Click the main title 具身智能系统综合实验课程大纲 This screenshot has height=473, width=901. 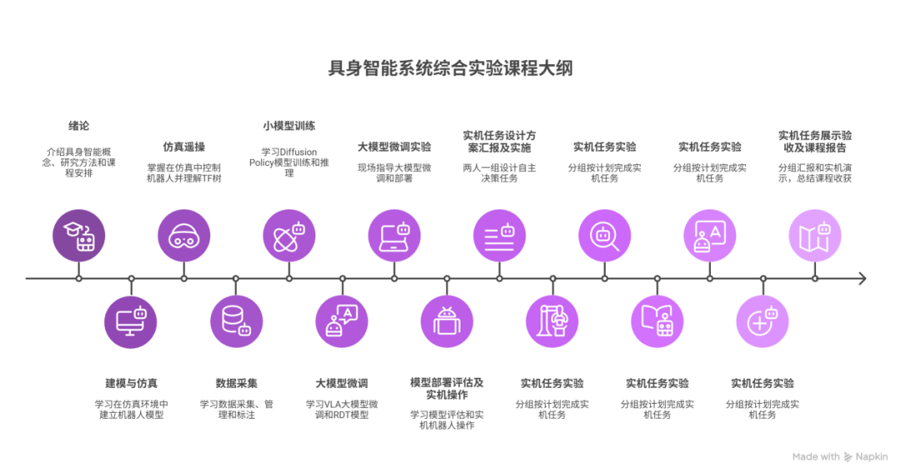click(x=450, y=68)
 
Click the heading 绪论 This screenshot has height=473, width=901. click(x=78, y=126)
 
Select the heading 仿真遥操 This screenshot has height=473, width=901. click(x=184, y=147)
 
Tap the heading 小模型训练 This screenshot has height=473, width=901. click(x=289, y=126)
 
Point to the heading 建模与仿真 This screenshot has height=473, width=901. click(x=131, y=384)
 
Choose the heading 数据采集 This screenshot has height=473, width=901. click(x=236, y=384)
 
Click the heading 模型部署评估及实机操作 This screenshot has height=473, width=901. click(x=446, y=389)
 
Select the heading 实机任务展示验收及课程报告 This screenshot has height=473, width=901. click(x=815, y=141)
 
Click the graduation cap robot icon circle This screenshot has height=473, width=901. click(x=78, y=235)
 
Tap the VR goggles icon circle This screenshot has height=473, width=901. click(x=184, y=235)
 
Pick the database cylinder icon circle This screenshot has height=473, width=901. click(x=236, y=321)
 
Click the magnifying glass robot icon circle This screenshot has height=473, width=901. click(x=605, y=235)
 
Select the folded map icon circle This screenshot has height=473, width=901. click(x=815, y=235)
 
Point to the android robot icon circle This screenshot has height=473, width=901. click(x=446, y=321)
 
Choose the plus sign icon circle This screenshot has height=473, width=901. click(x=763, y=321)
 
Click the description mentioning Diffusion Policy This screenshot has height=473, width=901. click(x=289, y=162)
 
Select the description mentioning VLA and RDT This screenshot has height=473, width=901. click(x=342, y=410)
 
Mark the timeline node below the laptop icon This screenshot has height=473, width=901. click(x=394, y=279)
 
